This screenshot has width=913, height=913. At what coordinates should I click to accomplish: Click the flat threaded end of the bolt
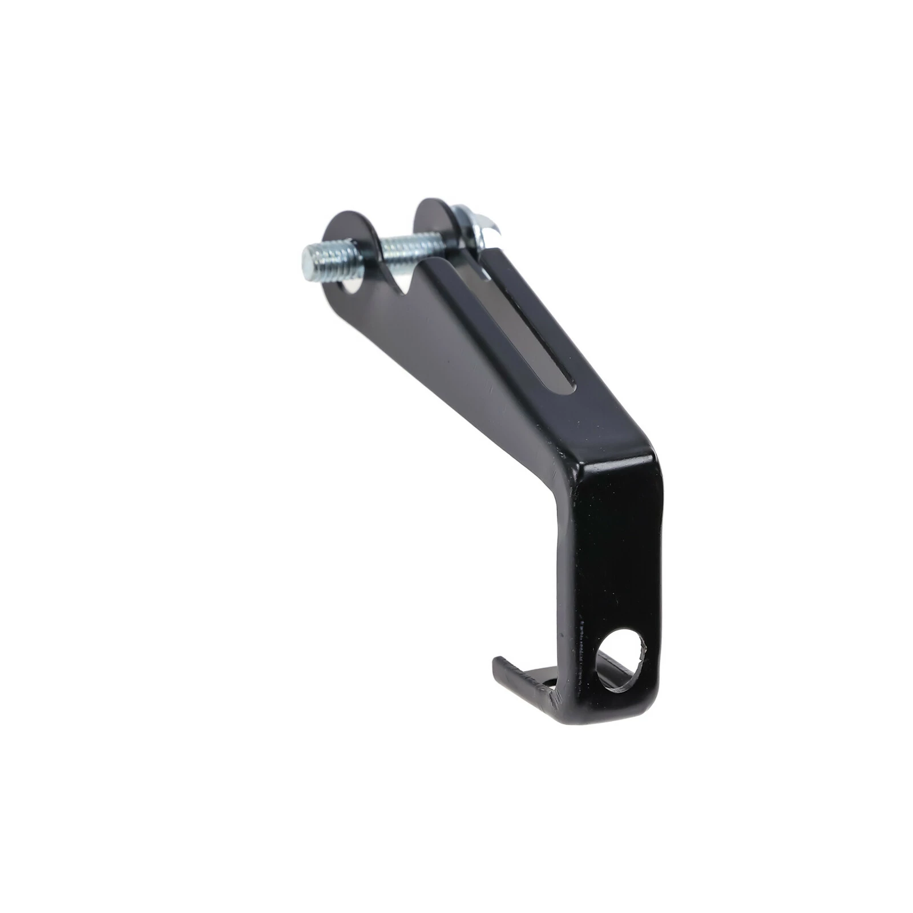pyautogui.click(x=309, y=261)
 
